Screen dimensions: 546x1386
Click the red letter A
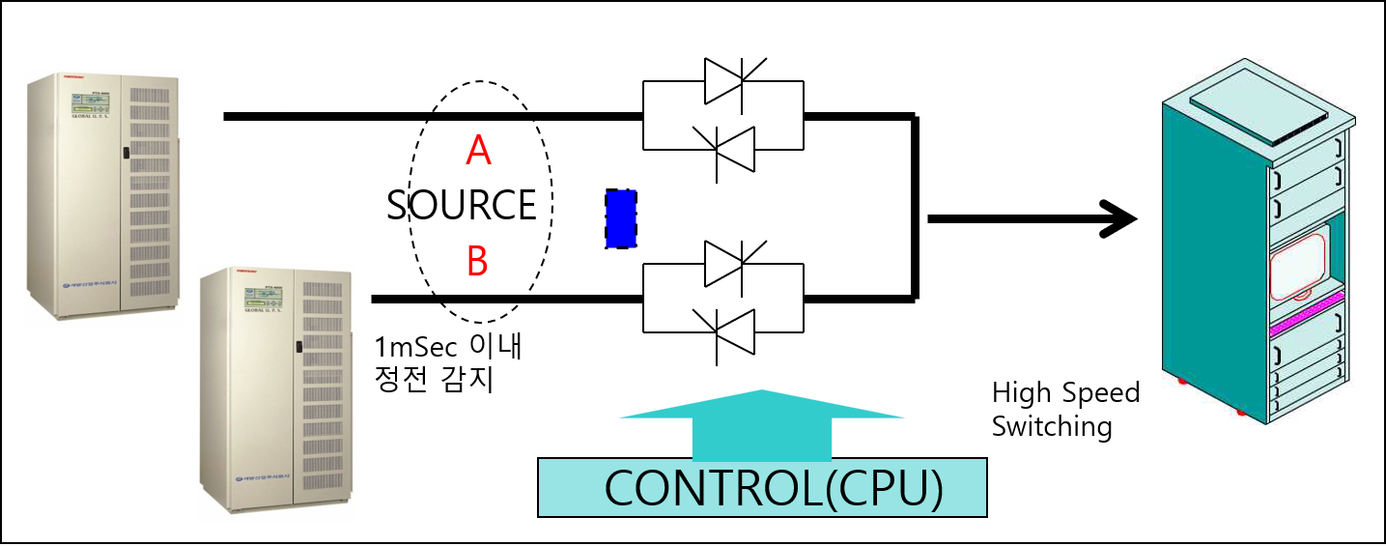tap(478, 151)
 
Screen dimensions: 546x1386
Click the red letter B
tap(477, 261)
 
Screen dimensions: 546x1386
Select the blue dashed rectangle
tap(621, 219)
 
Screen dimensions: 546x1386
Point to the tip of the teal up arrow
tap(762, 391)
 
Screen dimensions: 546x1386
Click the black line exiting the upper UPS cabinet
tap(254, 116)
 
